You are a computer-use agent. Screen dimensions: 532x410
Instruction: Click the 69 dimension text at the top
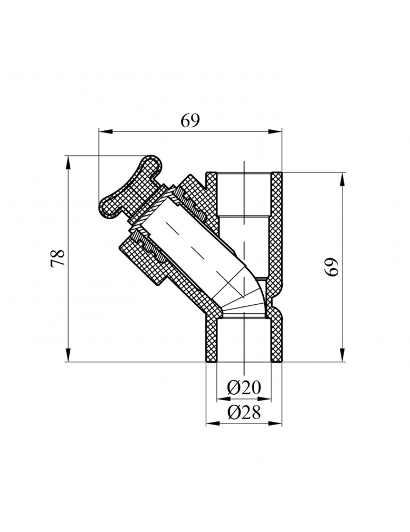click(189, 121)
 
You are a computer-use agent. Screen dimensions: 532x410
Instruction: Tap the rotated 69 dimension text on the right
click(333, 267)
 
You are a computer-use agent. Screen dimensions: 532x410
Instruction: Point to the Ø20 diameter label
click(244, 388)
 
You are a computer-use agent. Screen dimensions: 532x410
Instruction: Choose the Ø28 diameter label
click(244, 412)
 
